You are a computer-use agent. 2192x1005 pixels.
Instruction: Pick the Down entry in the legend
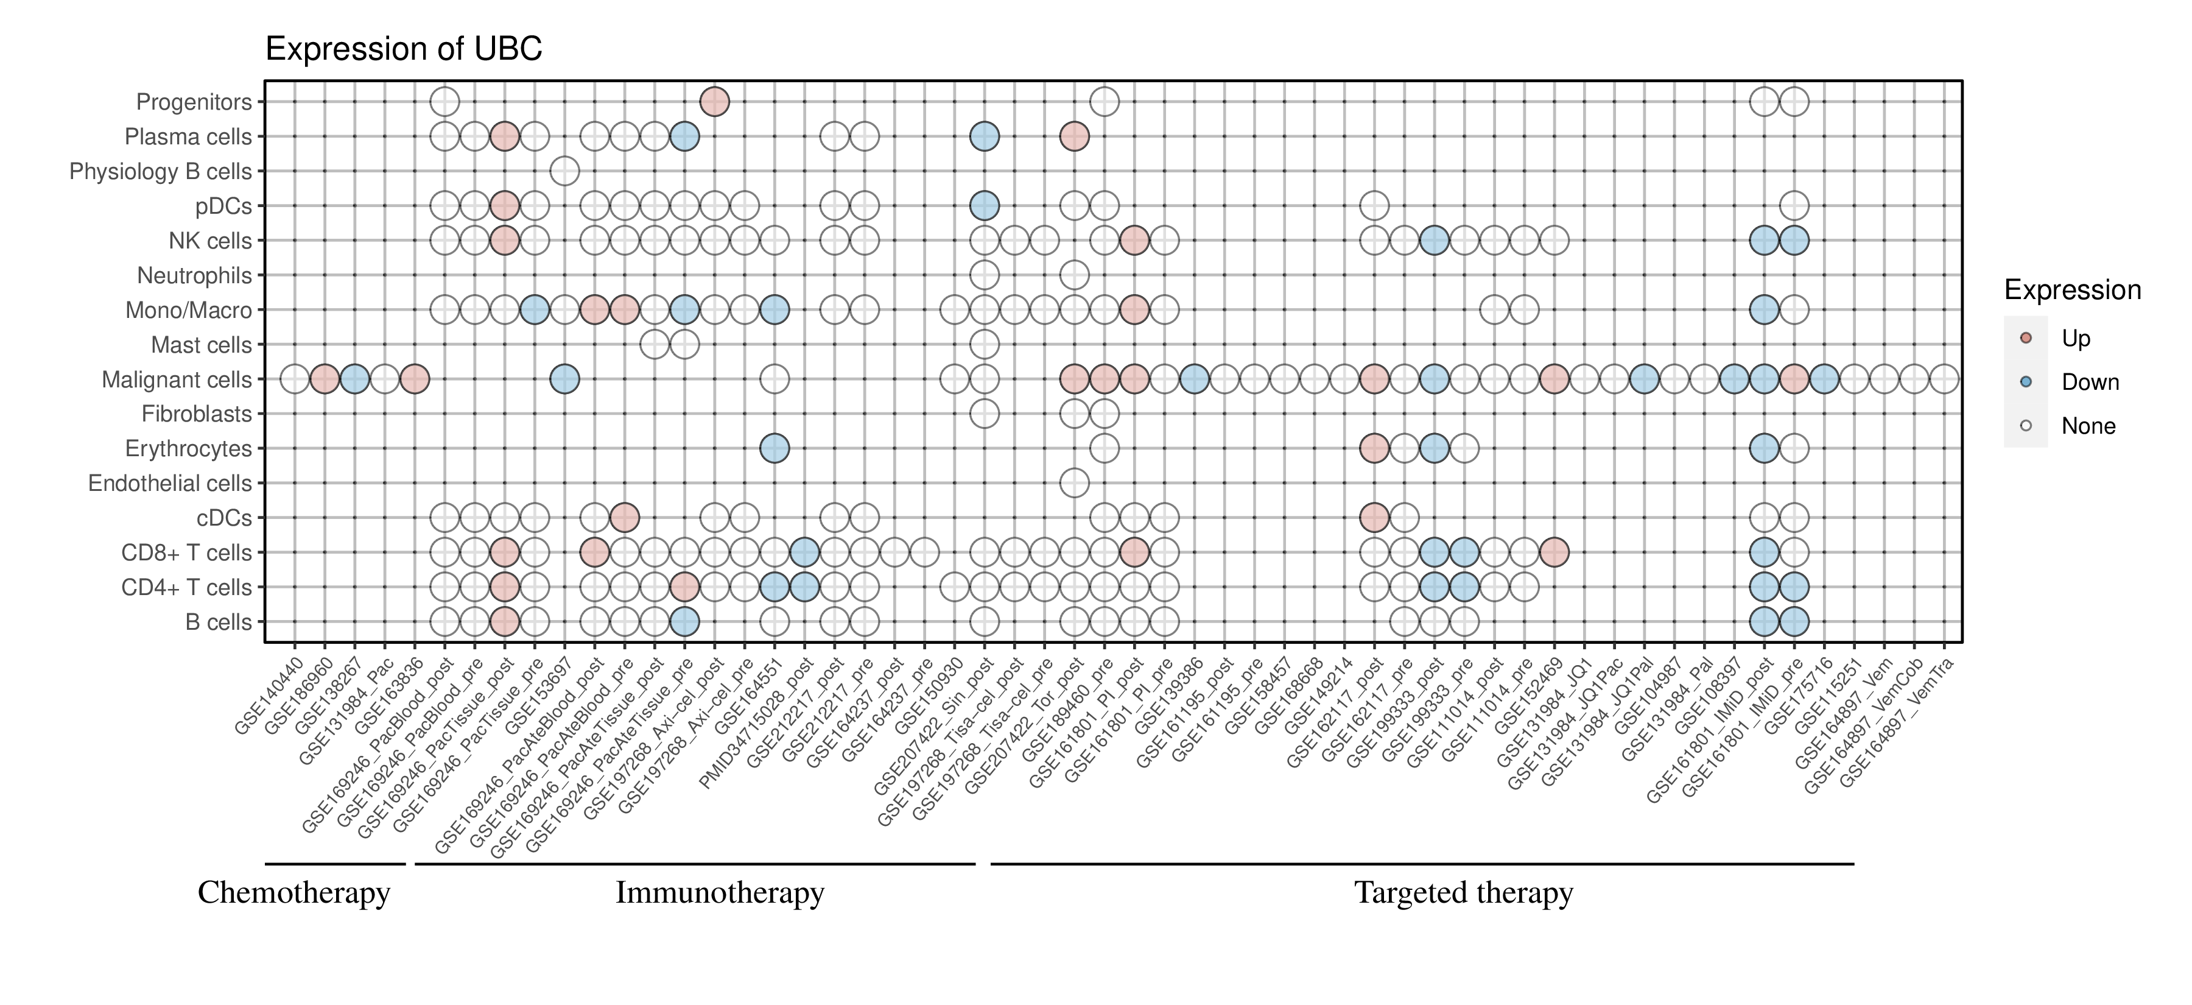coord(2089,382)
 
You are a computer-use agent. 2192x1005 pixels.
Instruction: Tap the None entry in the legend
coord(2087,426)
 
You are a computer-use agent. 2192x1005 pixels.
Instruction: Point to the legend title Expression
coord(2072,290)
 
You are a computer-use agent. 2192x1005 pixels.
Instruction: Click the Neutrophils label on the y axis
coord(194,276)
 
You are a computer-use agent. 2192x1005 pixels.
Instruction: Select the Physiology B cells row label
coord(160,172)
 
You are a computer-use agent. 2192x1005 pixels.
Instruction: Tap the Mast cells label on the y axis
coord(201,345)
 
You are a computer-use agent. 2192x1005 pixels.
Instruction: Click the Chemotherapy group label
coord(293,893)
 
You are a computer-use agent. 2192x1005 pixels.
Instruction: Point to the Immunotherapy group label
coord(720,893)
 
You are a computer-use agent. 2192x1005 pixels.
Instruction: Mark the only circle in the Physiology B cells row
coord(564,172)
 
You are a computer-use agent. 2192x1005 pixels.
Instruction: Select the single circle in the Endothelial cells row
coord(1074,484)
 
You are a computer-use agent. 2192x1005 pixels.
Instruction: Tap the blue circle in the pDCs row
coord(984,206)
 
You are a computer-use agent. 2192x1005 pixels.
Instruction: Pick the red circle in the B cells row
coord(505,622)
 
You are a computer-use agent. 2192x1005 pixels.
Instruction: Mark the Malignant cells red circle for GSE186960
coord(324,379)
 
